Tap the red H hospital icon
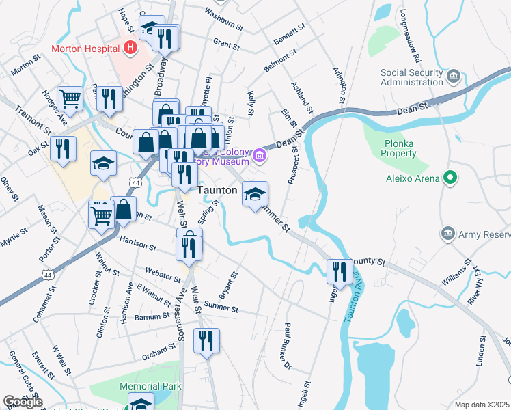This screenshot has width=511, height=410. (130, 48)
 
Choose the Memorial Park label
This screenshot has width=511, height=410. (150, 386)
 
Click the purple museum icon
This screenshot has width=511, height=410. (258, 156)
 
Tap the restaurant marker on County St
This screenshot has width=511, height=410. (339, 271)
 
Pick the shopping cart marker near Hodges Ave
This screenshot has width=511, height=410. (70, 100)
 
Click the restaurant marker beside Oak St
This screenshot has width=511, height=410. (63, 148)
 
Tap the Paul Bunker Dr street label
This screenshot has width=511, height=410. (288, 345)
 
